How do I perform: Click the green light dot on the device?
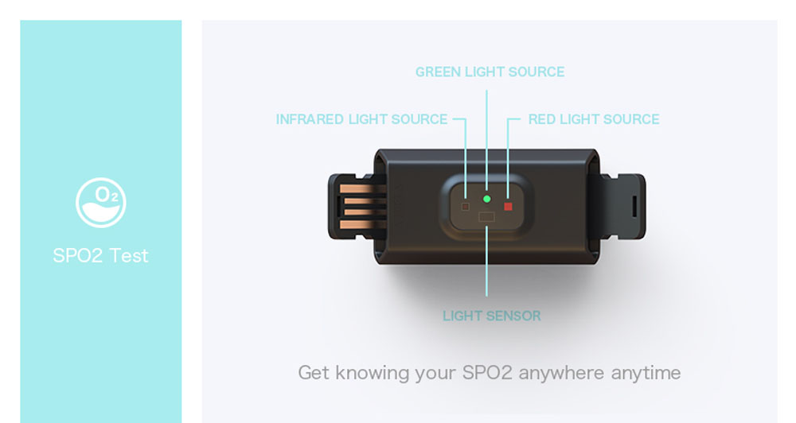[487, 199]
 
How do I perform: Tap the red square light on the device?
[508, 207]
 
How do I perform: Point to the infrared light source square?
[465, 207]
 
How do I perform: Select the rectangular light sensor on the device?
[486, 217]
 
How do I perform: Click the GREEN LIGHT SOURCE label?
[490, 72]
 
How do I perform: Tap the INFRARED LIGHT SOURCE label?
[361, 119]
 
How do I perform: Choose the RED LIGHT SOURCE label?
[594, 119]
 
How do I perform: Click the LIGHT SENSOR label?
[491, 316]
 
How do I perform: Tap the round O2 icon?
[101, 203]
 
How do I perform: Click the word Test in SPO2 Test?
[129, 255]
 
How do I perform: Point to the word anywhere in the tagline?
[561, 373]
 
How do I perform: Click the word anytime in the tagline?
[646, 373]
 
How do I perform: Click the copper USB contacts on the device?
[362, 207]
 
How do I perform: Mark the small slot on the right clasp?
[634, 205]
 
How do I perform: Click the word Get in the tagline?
[314, 373]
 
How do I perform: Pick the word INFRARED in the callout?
[310, 119]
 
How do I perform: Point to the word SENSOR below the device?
[513, 316]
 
